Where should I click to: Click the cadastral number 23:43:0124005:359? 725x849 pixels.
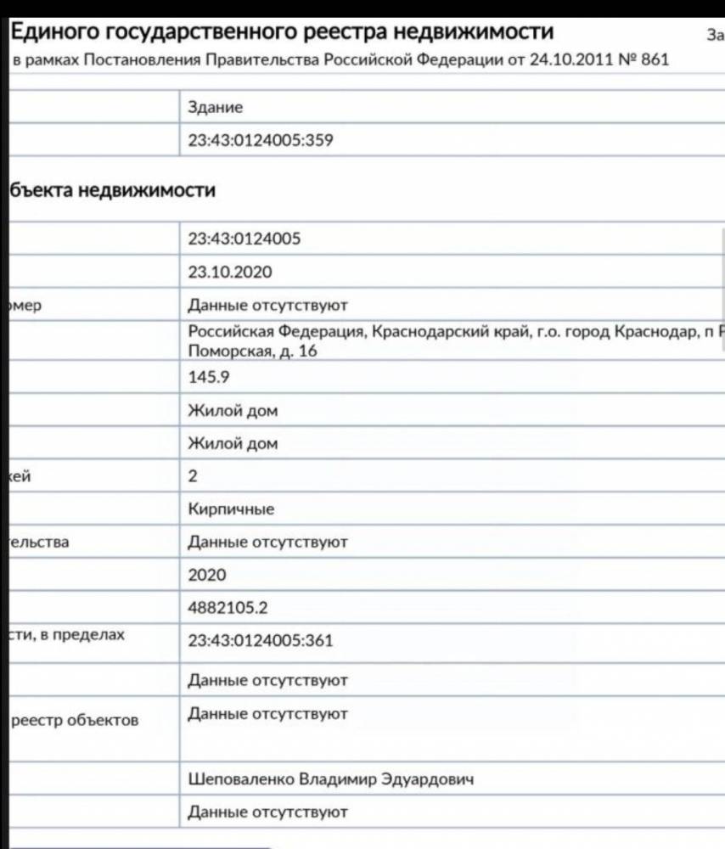(260, 140)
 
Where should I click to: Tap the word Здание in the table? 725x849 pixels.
(216, 108)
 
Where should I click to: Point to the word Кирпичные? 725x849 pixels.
(231, 509)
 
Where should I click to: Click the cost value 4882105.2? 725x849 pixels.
(229, 608)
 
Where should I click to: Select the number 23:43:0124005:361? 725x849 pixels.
(260, 640)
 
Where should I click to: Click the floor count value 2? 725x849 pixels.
(193, 476)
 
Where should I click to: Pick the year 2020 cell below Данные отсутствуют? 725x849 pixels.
(207, 575)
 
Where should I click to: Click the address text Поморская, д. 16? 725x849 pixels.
(252, 351)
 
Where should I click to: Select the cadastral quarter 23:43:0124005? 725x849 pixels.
(244, 239)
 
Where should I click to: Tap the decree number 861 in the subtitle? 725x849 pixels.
(655, 60)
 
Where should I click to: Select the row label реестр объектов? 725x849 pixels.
(74, 721)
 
